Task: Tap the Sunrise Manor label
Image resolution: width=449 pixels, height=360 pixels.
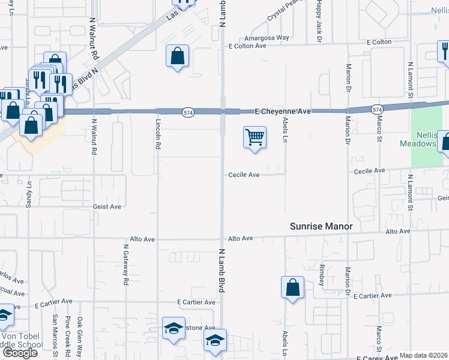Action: tap(321, 226)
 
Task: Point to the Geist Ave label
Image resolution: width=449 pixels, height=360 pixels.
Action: tap(107, 206)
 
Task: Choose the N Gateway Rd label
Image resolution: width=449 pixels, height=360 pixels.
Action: tap(126, 265)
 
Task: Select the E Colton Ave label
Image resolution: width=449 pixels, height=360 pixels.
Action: tap(247, 46)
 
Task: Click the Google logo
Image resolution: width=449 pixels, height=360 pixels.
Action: tap(20, 353)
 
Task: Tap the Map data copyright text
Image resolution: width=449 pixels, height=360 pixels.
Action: tap(424, 355)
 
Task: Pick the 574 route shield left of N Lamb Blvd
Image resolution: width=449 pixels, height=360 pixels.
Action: tap(188, 112)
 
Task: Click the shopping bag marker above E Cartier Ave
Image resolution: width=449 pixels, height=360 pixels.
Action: tap(293, 287)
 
